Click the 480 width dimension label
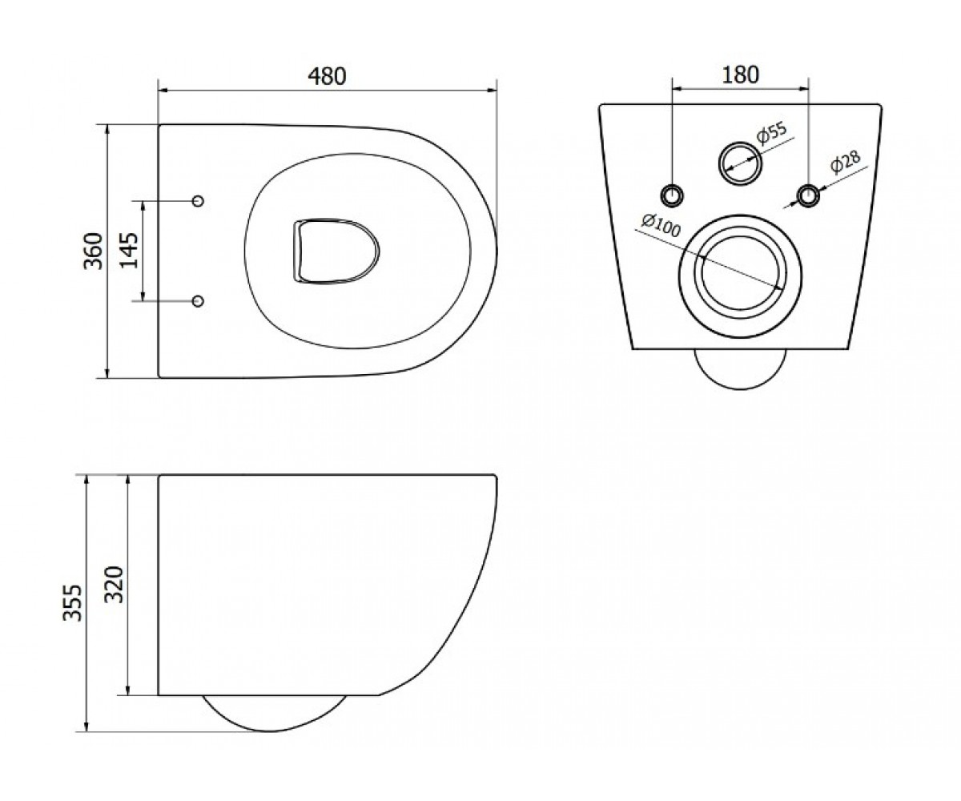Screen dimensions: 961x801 coord(327,76)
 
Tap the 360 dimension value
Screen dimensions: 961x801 coord(93,251)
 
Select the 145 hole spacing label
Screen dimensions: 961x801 coord(129,251)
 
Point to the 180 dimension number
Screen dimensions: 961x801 coord(740,75)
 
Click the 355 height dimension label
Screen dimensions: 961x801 coord(72,603)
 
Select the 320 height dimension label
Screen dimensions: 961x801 coord(114,585)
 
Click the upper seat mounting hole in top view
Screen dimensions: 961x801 coord(198,201)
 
